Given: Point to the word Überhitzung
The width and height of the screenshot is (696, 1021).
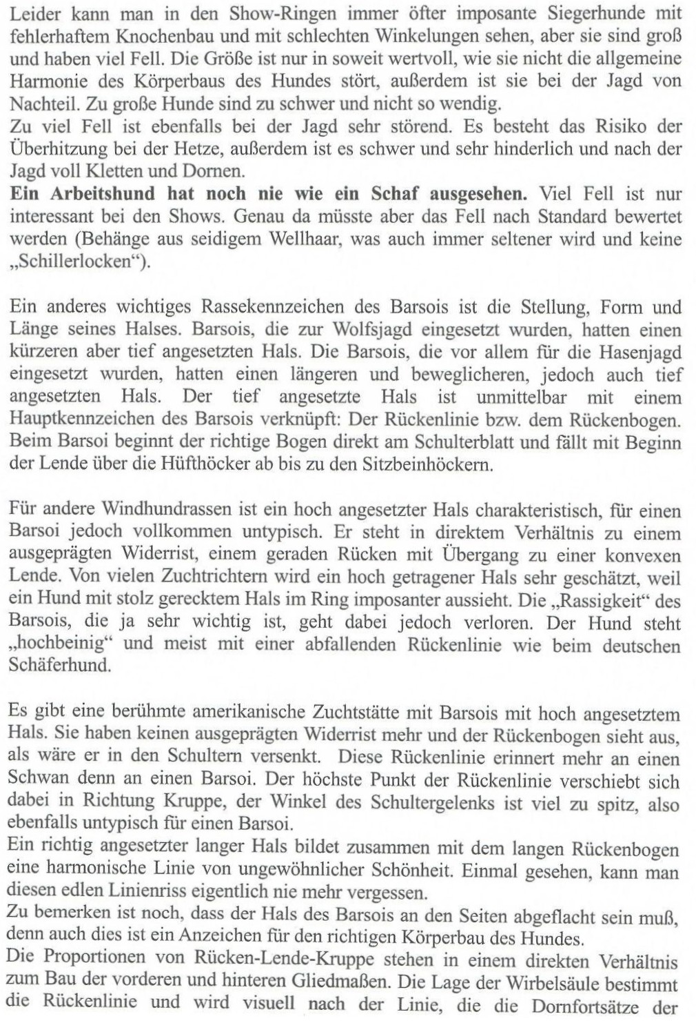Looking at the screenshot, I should coord(63,148).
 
